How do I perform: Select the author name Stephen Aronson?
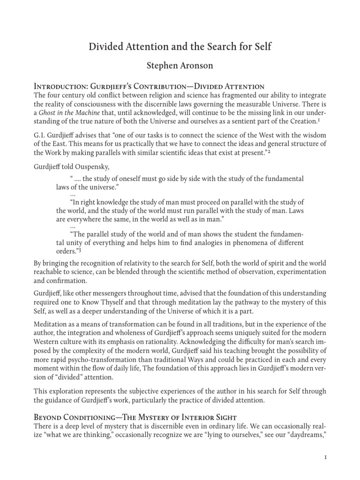coord(180,66)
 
